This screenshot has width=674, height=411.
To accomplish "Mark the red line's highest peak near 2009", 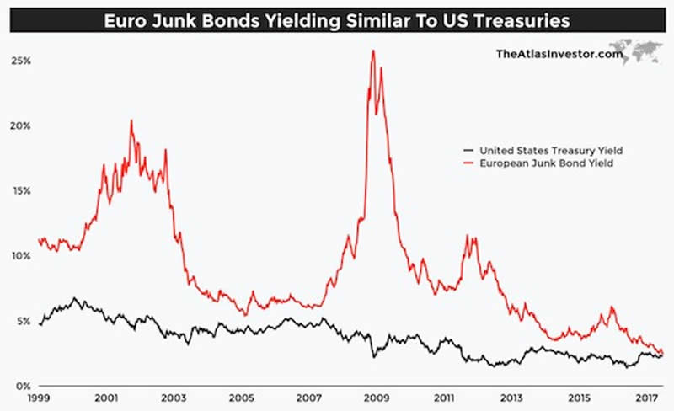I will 372,51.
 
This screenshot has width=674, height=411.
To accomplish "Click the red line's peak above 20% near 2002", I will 131,120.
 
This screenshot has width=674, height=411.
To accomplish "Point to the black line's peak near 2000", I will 75,298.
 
